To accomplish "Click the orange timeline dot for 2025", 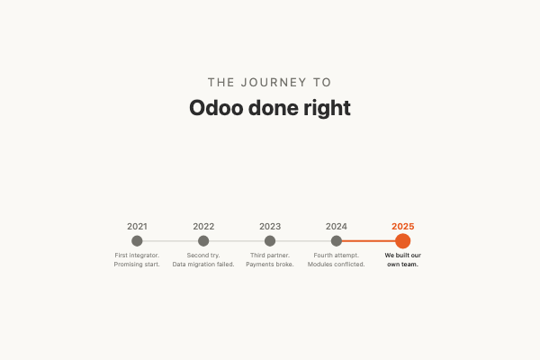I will pos(402,241).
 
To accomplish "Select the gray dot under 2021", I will pos(137,241).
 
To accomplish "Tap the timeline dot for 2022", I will pos(203,241).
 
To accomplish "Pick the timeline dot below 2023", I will pos(270,241).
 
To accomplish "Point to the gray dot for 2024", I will pos(337,241).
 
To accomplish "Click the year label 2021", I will pos(137,227).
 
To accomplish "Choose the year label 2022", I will pos(203,227).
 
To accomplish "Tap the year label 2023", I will pos(270,227).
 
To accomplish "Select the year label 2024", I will pos(337,227).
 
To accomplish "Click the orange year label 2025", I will pos(402,227).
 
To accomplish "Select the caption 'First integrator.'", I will pos(137,256).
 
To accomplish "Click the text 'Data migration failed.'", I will pos(203,265).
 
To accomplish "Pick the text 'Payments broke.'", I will pos(270,265).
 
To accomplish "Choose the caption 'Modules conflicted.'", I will pos(337,265).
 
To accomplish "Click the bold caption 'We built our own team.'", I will pos(402,260).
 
